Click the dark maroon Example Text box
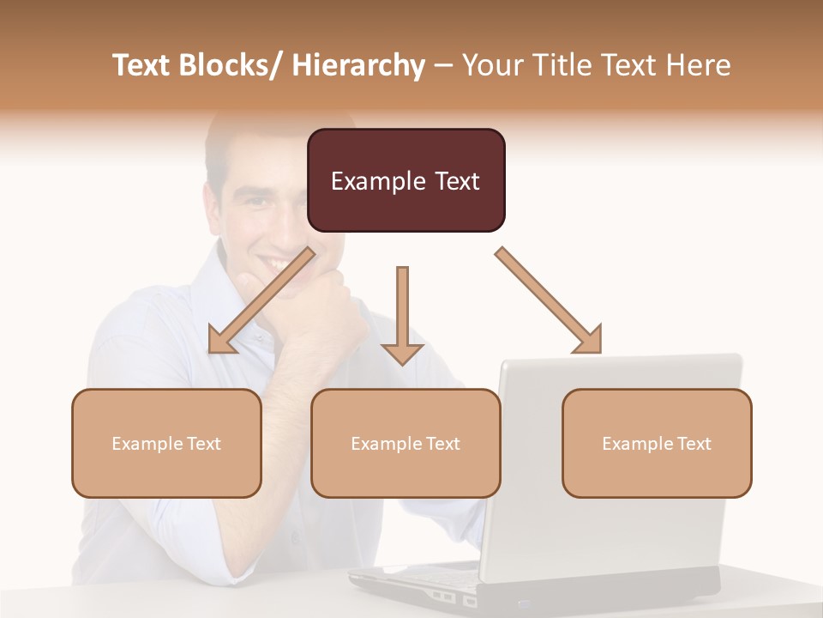(405, 180)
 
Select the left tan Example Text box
(166, 443)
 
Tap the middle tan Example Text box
(405, 443)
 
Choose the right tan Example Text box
(657, 443)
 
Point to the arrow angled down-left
(261, 301)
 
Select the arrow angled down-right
(549, 300)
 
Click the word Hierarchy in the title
(357, 65)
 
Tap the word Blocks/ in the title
(227, 65)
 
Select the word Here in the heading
(698, 65)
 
